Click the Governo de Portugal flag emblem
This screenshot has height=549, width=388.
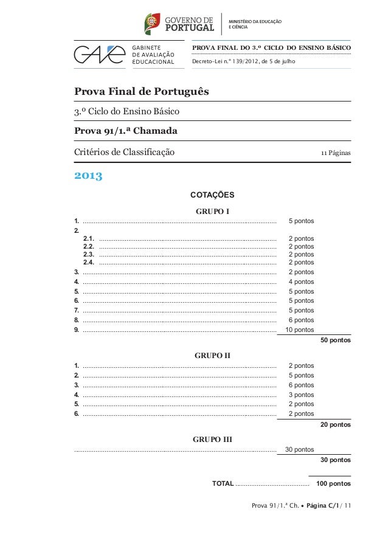pyautogui.click(x=151, y=24)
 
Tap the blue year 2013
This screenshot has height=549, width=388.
pyautogui.click(x=88, y=177)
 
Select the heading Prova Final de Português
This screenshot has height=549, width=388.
pyautogui.click(x=141, y=92)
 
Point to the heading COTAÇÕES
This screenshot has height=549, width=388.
pyautogui.click(x=212, y=195)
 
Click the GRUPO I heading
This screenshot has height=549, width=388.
pyautogui.click(x=212, y=212)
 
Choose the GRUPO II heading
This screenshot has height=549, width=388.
pyautogui.click(x=212, y=355)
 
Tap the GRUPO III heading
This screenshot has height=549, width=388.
pyautogui.click(x=212, y=439)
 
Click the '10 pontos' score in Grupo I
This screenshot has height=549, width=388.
pyautogui.click(x=299, y=330)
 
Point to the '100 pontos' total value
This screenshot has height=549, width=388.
pyautogui.click(x=333, y=484)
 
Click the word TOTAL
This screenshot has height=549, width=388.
pyautogui.click(x=223, y=484)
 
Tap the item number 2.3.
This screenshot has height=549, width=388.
pyautogui.click(x=88, y=255)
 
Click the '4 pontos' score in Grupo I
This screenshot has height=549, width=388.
pyautogui.click(x=301, y=282)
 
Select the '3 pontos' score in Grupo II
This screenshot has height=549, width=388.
pyautogui.click(x=301, y=395)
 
